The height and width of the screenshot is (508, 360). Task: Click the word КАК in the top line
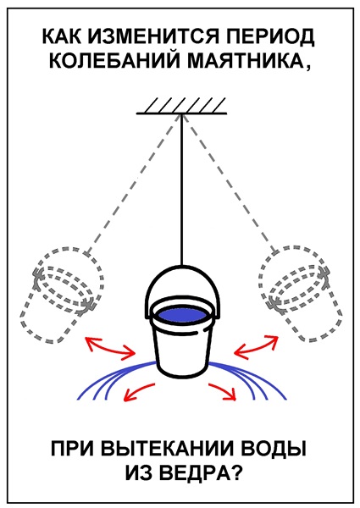click(62, 37)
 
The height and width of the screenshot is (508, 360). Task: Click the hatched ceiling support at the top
click(181, 106)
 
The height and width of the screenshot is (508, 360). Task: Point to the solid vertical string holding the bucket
click(182, 190)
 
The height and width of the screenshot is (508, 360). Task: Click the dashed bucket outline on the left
click(62, 295)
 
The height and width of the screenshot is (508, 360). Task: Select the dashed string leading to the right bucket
click(230, 183)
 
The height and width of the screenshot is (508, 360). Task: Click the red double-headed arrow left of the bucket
click(109, 348)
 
